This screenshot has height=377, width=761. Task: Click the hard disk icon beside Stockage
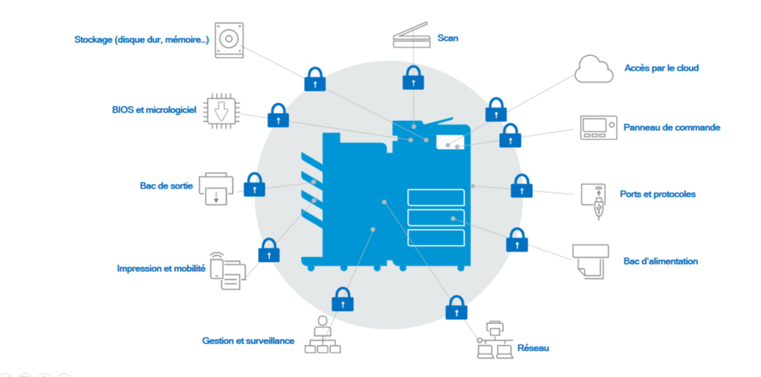point(229,39)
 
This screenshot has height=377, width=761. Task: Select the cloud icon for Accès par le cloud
point(592,68)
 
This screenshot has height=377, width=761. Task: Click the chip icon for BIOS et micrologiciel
point(220,111)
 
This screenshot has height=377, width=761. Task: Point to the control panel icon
point(598,127)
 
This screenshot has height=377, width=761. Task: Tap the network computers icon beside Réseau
point(494,340)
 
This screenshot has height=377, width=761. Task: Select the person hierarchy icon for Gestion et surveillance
point(322,335)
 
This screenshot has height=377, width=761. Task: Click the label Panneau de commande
point(671,128)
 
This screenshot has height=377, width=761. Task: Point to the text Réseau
point(533,347)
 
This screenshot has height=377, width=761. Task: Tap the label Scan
point(447,38)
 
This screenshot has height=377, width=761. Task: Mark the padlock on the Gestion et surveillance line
point(342,299)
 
